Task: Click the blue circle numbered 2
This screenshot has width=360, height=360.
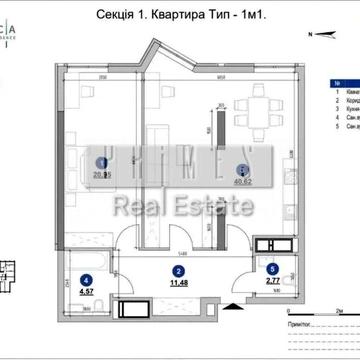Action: pyautogui.click(x=177, y=271)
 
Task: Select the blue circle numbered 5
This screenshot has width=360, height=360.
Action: pyautogui.click(x=259, y=269)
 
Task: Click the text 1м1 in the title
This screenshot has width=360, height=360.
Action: pyautogui.click(x=248, y=17)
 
